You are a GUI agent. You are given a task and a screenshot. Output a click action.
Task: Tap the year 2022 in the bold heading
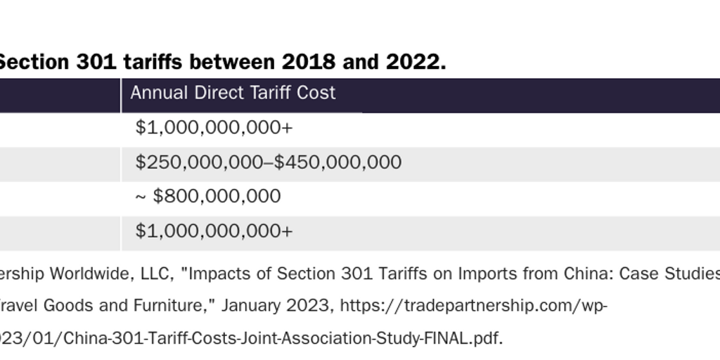(x=413, y=63)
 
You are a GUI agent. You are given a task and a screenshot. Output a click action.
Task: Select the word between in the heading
(x=234, y=63)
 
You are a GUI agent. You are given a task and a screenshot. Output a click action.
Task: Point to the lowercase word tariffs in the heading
(x=153, y=63)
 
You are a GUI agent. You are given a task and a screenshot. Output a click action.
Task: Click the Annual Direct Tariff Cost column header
(x=233, y=93)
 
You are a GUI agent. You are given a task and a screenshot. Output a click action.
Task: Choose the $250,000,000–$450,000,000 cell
(x=269, y=162)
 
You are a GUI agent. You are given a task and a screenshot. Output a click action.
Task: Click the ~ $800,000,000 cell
(x=208, y=197)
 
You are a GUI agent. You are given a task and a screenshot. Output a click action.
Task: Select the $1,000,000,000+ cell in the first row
(x=214, y=128)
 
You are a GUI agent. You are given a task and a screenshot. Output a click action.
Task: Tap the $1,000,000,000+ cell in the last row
(x=214, y=231)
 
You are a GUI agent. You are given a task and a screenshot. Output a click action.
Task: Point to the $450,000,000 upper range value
(x=337, y=162)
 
